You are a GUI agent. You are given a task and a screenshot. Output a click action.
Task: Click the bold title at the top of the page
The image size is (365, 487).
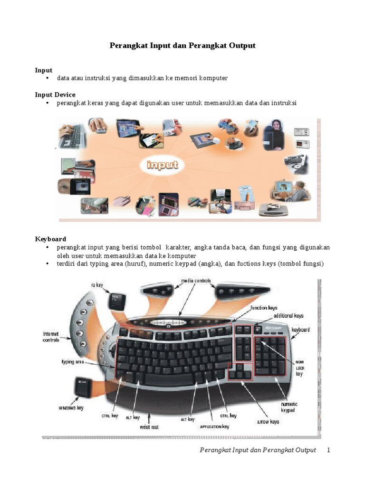point(182,46)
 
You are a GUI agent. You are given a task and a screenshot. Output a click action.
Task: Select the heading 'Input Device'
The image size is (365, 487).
point(55,95)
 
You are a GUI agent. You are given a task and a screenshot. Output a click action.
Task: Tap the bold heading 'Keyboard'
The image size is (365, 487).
point(50,239)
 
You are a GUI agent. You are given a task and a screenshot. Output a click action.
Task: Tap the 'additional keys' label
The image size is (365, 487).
point(288,315)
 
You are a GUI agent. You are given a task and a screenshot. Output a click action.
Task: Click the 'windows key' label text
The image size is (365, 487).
point(71,408)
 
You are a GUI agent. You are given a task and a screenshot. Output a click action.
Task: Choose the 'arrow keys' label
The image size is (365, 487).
point(268,421)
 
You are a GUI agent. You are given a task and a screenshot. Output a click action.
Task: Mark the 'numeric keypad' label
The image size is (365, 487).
point(289,407)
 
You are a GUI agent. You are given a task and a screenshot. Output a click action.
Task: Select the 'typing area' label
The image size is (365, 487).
point(73,362)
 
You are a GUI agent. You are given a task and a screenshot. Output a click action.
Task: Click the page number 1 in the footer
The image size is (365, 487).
point(328,450)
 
